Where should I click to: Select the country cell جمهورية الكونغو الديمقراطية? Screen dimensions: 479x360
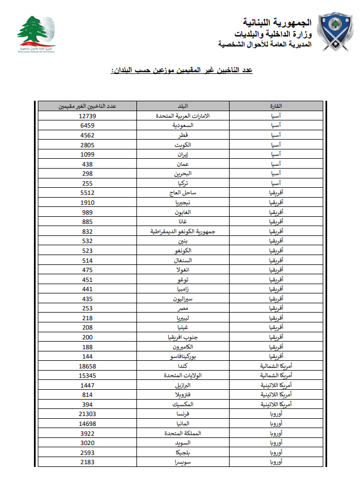183,231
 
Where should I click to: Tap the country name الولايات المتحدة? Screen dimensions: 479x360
183,376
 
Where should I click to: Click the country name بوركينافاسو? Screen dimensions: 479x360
183,356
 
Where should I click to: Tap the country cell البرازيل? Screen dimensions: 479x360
183,385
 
